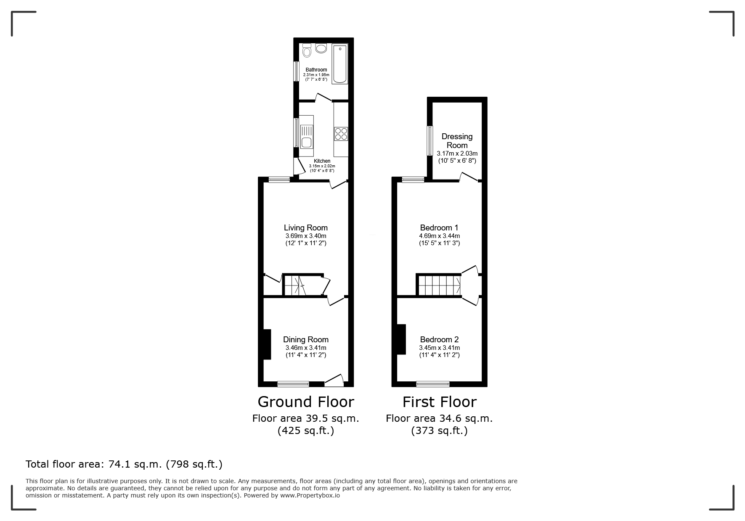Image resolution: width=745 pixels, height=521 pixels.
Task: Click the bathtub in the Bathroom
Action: pyautogui.click(x=339, y=64)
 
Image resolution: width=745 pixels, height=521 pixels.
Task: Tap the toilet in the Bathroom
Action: pyautogui.click(x=307, y=50)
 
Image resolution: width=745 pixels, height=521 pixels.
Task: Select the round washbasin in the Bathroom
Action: pyautogui.click(x=321, y=48)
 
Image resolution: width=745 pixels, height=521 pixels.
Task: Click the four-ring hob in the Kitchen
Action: pyautogui.click(x=341, y=134)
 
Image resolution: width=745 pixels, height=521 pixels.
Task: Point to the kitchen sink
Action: pyautogui.click(x=306, y=137)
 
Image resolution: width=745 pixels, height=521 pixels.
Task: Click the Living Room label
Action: pyautogui.click(x=306, y=228)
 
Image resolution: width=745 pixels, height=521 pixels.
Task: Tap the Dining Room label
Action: pyautogui.click(x=306, y=340)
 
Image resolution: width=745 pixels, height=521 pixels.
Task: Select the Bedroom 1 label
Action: pyautogui.click(x=439, y=228)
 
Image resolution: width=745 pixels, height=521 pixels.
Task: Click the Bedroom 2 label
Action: pyautogui.click(x=439, y=340)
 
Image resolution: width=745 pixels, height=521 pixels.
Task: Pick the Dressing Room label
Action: pyautogui.click(x=457, y=141)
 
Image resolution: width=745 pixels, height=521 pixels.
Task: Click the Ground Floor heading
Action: pyautogui.click(x=306, y=402)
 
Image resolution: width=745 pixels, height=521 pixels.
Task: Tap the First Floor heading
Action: pyautogui.click(x=440, y=402)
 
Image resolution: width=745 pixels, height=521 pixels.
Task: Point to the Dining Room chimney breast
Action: pyautogui.click(x=267, y=344)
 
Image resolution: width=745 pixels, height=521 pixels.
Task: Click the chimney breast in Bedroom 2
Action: pyautogui.click(x=401, y=339)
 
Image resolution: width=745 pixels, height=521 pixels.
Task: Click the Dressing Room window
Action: pyautogui.click(x=430, y=141)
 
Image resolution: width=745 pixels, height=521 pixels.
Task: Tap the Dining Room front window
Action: pyautogui.click(x=293, y=384)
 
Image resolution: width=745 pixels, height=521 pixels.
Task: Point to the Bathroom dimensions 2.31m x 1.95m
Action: pyautogui.click(x=316, y=75)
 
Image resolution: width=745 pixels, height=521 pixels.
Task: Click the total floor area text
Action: pyautogui.click(x=124, y=464)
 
